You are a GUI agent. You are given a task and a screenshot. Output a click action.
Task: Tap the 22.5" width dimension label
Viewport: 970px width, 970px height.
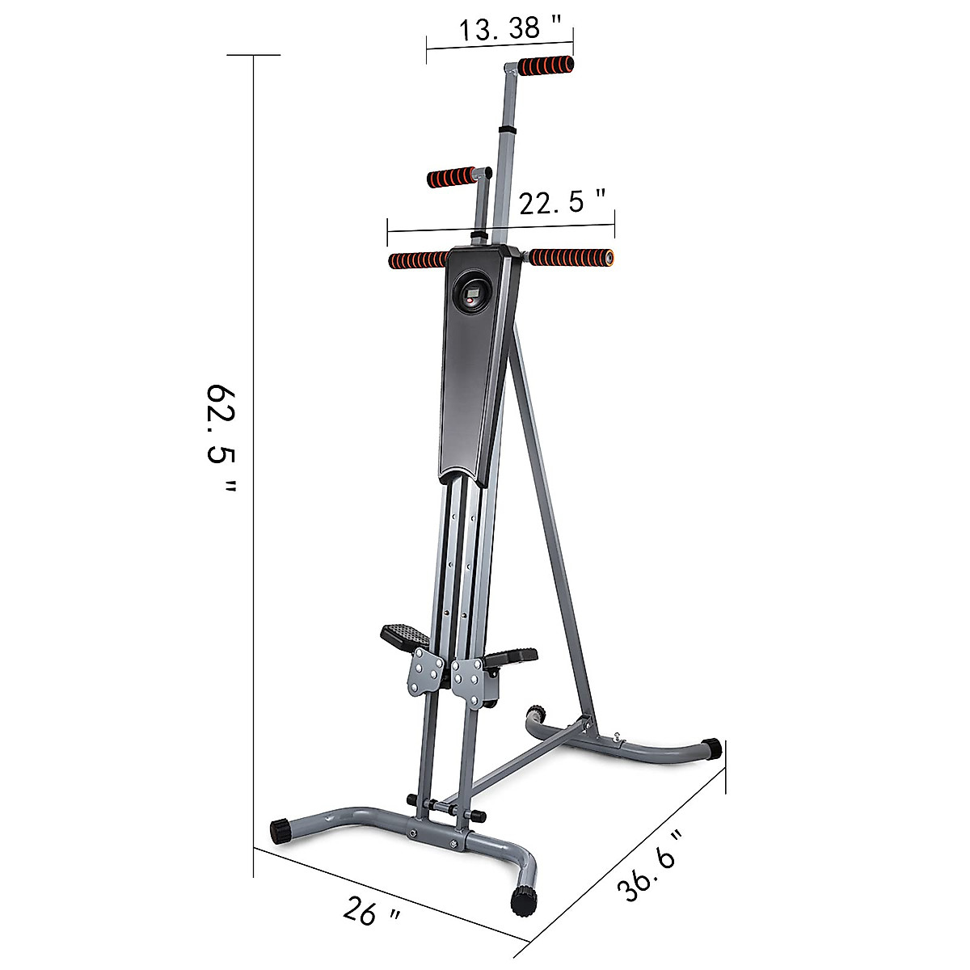click(x=563, y=202)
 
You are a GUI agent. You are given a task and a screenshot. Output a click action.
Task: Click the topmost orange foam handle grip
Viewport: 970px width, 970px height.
click(x=546, y=65)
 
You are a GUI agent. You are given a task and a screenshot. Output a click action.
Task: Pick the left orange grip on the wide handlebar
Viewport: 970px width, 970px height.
click(x=418, y=259)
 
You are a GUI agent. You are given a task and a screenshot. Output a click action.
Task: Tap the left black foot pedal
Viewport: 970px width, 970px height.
click(x=405, y=635)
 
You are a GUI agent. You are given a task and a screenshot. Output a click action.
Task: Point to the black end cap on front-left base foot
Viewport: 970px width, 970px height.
click(x=280, y=829)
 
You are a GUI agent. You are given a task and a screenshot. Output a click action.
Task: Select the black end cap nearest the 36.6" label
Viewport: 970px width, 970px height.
click(x=711, y=748)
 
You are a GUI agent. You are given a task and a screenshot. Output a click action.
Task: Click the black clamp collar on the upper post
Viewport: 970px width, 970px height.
click(x=508, y=129)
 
